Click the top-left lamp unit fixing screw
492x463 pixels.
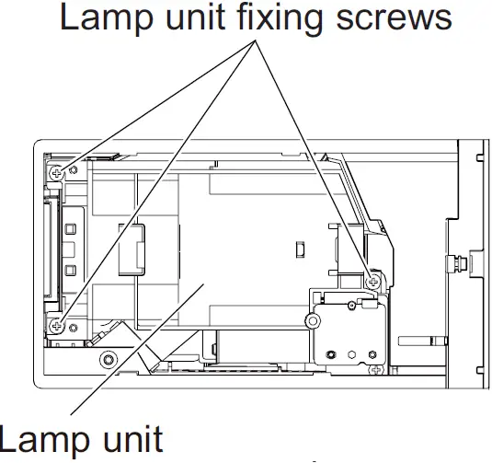point(58,172)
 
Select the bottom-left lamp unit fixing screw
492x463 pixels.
point(58,324)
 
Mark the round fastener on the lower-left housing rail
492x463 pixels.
point(109,357)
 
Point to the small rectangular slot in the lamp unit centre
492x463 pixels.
point(299,249)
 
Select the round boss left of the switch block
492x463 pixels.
point(314,321)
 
